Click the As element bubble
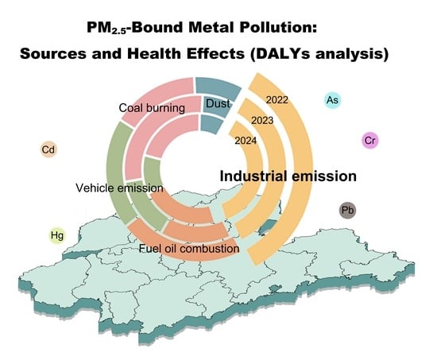tap(332, 100)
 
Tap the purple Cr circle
tap(370, 140)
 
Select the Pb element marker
tap(347, 210)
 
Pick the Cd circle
tap(48, 149)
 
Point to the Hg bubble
tap(57, 236)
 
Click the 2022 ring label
tap(277, 100)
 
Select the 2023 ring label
tap(262, 121)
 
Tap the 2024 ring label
tap(246, 141)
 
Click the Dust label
tap(218, 103)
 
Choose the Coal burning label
tap(152, 108)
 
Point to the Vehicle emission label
tap(119, 188)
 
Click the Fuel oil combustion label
tap(189, 249)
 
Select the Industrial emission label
tap(288, 176)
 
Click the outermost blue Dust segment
tap(218, 87)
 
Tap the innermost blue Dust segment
tap(211, 123)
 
